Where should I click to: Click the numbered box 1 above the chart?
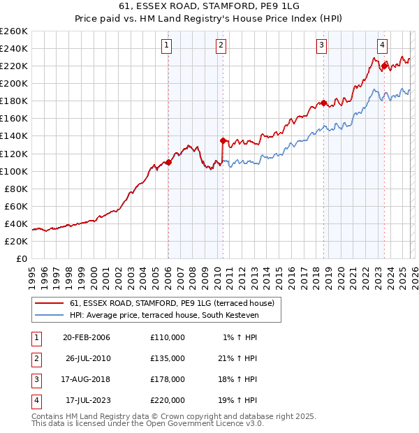[168, 46]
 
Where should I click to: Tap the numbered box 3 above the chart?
[322, 46]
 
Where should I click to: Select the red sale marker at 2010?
[223, 140]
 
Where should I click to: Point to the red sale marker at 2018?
[323, 103]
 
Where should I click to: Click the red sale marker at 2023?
[384, 66]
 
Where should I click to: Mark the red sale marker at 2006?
[168, 162]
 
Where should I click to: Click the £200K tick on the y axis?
[14, 83]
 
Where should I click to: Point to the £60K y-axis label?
[16, 206]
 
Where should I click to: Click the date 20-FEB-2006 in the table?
[86, 337]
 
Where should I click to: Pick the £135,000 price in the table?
[168, 358]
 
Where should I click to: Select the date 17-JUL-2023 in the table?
[86, 400]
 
